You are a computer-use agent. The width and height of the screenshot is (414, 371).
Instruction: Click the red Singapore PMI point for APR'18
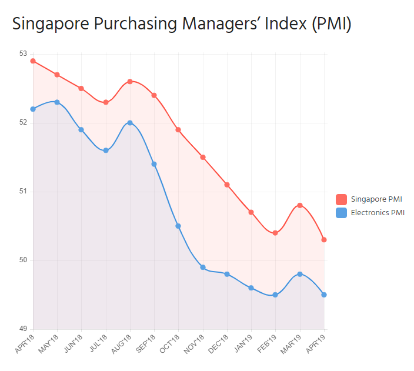33,61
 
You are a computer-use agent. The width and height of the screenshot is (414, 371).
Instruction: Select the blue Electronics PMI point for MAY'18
57,102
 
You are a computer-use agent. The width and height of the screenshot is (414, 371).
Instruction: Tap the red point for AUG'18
130,81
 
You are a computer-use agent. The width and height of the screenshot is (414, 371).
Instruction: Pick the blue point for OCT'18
178,226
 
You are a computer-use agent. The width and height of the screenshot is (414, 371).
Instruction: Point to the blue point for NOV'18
203,267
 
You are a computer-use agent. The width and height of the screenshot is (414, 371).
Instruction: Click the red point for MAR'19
300,205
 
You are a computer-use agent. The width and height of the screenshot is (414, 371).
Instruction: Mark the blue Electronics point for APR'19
324,295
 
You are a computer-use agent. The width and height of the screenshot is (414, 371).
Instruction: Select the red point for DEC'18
227,185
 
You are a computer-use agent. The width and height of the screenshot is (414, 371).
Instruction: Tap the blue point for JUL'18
106,151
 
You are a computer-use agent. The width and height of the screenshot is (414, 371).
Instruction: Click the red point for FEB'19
275,233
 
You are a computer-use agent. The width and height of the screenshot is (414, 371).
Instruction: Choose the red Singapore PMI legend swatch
342,199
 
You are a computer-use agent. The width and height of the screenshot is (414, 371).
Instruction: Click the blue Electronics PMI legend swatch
342,213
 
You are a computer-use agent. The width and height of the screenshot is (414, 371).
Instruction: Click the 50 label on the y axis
24,260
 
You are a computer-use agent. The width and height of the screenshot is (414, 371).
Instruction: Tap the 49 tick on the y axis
24,329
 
